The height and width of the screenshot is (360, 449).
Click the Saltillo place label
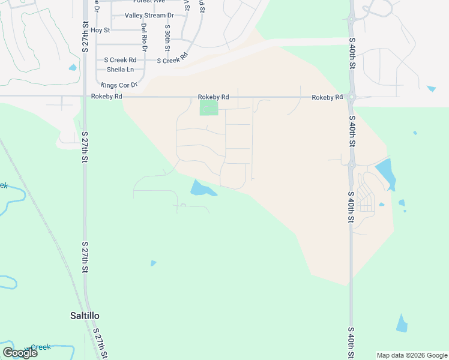[83, 316]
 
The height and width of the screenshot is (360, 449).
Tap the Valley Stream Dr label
[149, 16]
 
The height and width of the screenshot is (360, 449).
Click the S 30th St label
[167, 37]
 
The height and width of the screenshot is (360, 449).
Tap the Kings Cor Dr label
[119, 85]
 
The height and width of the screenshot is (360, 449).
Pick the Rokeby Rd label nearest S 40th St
[327, 97]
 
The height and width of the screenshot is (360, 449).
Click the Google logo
[20, 353]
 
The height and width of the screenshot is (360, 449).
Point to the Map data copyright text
[412, 355]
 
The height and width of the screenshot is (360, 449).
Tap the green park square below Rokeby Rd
[208, 108]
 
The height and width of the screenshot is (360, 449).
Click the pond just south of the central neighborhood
[202, 189]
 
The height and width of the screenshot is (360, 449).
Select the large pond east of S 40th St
[385, 172]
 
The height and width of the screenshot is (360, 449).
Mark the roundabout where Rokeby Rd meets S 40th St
[352, 97]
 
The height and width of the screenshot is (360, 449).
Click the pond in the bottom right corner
[402, 323]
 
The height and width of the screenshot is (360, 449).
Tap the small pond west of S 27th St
[73, 67]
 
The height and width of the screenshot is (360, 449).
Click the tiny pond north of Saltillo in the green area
[153, 263]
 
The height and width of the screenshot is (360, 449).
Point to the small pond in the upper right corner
[431, 89]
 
